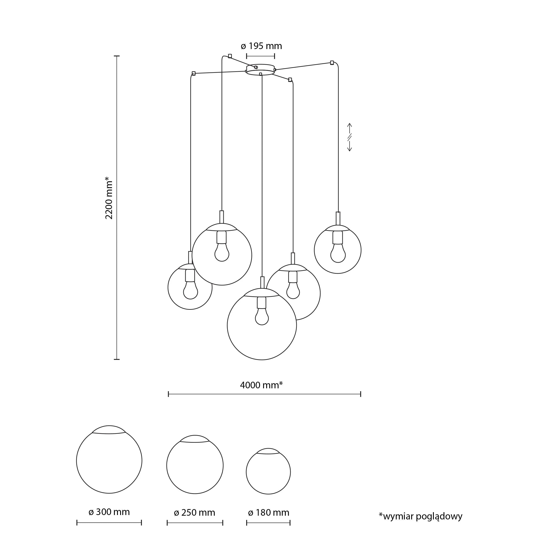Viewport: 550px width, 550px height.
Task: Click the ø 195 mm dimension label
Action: pyautogui.click(x=261, y=46)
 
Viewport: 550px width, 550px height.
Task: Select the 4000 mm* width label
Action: pyautogui.click(x=261, y=385)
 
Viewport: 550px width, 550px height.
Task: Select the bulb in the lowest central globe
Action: pyautogui.click(x=262, y=317)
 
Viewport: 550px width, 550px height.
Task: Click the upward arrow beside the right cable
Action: pyautogui.click(x=350, y=127)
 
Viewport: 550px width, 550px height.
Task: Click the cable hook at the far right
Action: pyautogui.click(x=332, y=63)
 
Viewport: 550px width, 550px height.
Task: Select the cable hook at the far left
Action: pyautogui.click(x=194, y=73)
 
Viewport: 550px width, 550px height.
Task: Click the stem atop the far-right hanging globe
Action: pyautogui.click(x=338, y=218)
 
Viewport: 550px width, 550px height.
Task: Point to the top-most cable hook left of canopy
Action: pyautogui.click(x=230, y=56)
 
